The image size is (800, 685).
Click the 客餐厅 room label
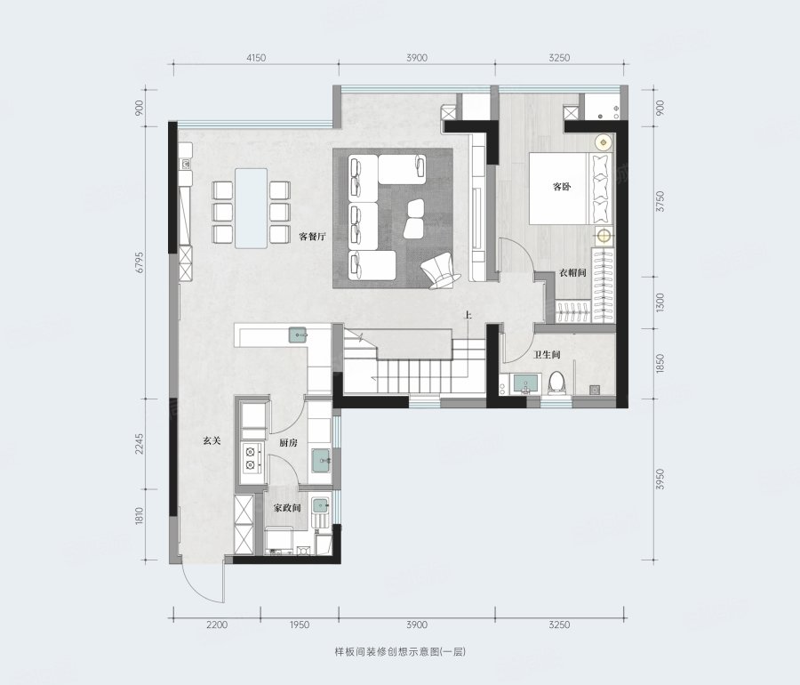[x=312, y=237]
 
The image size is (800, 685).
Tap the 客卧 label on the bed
[x=562, y=186]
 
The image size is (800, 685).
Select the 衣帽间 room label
[x=572, y=272]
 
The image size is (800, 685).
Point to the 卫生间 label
[x=547, y=354]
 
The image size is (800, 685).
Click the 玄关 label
[x=212, y=440]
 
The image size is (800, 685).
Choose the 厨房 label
[x=288, y=442]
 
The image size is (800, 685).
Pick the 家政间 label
[x=287, y=508]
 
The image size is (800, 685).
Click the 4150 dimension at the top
[x=256, y=58]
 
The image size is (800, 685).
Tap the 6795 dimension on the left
[x=140, y=262]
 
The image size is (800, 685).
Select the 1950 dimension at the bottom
[x=300, y=625]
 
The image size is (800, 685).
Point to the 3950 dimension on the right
[x=660, y=479]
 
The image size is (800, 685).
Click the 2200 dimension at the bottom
[x=218, y=625]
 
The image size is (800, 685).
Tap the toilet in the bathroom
[x=556, y=383]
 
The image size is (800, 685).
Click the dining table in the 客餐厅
[x=251, y=208]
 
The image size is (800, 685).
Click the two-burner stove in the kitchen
[x=251, y=458]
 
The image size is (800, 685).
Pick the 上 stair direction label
[x=468, y=316]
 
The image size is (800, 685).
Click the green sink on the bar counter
[x=298, y=334]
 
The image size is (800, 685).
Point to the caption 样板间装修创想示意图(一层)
[x=400, y=652]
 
